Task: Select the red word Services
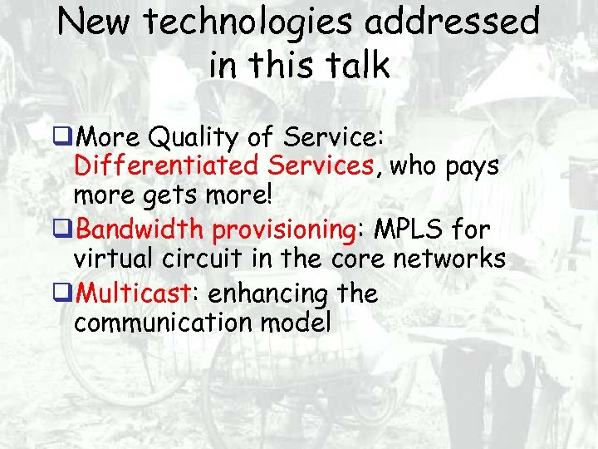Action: pos(320,165)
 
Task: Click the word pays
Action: pos(469,166)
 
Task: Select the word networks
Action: pos(452,259)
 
